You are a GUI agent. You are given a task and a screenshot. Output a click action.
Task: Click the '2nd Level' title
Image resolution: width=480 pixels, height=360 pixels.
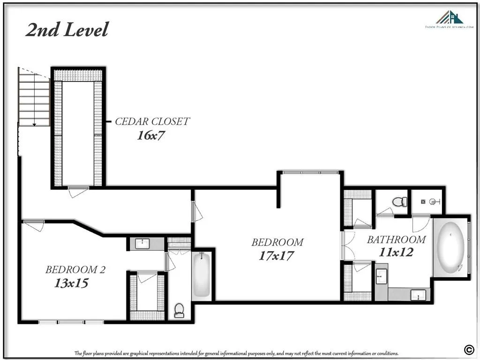pyautogui.click(x=67, y=30)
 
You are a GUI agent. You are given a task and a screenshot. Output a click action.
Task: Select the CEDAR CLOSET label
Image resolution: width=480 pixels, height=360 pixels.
pyautogui.click(x=152, y=121)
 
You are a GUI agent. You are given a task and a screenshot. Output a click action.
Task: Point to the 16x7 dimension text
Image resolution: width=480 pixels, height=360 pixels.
pyautogui.click(x=151, y=136)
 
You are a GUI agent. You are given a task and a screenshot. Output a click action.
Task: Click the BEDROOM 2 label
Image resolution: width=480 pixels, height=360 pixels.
pyautogui.click(x=75, y=270)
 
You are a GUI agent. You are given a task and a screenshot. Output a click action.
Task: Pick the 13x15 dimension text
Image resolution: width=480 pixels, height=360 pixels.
pyautogui.click(x=71, y=283)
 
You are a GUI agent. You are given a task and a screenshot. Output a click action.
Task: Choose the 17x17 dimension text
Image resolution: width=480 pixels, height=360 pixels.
pyautogui.click(x=277, y=256)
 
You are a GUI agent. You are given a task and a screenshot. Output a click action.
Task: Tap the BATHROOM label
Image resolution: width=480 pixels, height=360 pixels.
pyautogui.click(x=396, y=240)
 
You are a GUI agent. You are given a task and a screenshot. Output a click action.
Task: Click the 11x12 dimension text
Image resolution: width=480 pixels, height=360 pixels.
pyautogui.click(x=396, y=252)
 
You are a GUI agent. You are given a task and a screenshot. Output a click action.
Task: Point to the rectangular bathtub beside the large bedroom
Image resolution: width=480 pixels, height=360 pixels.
pyautogui.click(x=202, y=274)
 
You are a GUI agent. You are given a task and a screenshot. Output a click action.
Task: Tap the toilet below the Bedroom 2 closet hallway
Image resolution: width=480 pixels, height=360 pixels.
pyautogui.click(x=179, y=310)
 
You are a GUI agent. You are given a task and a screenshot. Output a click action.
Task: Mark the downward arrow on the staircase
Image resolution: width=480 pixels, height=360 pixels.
pyautogui.click(x=34, y=123)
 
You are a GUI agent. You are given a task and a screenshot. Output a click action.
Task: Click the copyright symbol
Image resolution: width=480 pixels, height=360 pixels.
pyautogui.click(x=468, y=348)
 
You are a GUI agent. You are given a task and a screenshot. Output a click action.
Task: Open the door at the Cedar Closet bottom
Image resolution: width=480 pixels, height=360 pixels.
pyautogui.click(x=77, y=191)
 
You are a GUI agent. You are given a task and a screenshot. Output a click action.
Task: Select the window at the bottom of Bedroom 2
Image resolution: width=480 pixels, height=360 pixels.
pyautogui.click(x=71, y=322)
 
